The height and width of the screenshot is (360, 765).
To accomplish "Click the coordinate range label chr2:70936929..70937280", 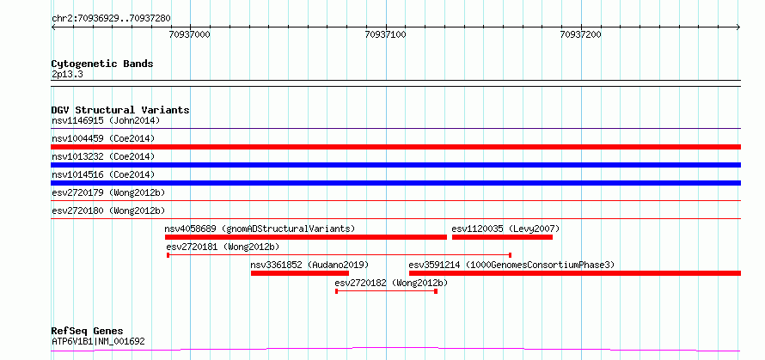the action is pyautogui.click(x=111, y=19).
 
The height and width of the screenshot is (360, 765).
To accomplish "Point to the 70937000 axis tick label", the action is pyautogui.click(x=190, y=34).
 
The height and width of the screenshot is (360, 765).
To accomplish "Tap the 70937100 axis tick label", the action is pyautogui.click(x=385, y=34).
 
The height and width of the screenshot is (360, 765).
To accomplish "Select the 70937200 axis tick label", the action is pyautogui.click(x=580, y=34).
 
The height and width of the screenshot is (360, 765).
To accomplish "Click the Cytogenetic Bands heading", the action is pyautogui.click(x=102, y=64).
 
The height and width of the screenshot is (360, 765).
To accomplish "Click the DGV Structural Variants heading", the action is pyautogui.click(x=120, y=110).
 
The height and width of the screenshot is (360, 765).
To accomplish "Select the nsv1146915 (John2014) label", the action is pyautogui.click(x=106, y=120).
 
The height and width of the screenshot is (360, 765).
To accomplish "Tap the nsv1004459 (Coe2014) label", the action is pyautogui.click(x=103, y=138).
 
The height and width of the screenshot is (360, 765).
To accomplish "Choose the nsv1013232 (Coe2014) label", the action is pyautogui.click(x=103, y=156).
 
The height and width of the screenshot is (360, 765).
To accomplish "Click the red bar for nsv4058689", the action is pyautogui.click(x=306, y=237).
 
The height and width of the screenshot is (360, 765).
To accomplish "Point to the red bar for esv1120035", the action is pyautogui.click(x=502, y=237).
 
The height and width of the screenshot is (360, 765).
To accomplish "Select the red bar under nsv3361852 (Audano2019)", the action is pyautogui.click(x=300, y=273).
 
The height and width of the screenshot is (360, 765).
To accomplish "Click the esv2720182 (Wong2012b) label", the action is pyautogui.click(x=391, y=283).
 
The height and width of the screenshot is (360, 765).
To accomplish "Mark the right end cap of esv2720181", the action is pyautogui.click(x=510, y=255).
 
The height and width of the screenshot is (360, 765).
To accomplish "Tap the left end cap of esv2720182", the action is pyautogui.click(x=337, y=291).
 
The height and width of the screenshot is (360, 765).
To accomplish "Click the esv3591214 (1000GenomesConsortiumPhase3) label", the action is pyautogui.click(x=511, y=265).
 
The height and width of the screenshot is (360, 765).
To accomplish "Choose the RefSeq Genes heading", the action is pyautogui.click(x=88, y=332).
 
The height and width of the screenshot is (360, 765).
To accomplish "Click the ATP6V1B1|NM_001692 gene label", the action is pyautogui.click(x=98, y=342).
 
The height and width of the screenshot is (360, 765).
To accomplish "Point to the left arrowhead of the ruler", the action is pyautogui.click(x=52, y=27).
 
